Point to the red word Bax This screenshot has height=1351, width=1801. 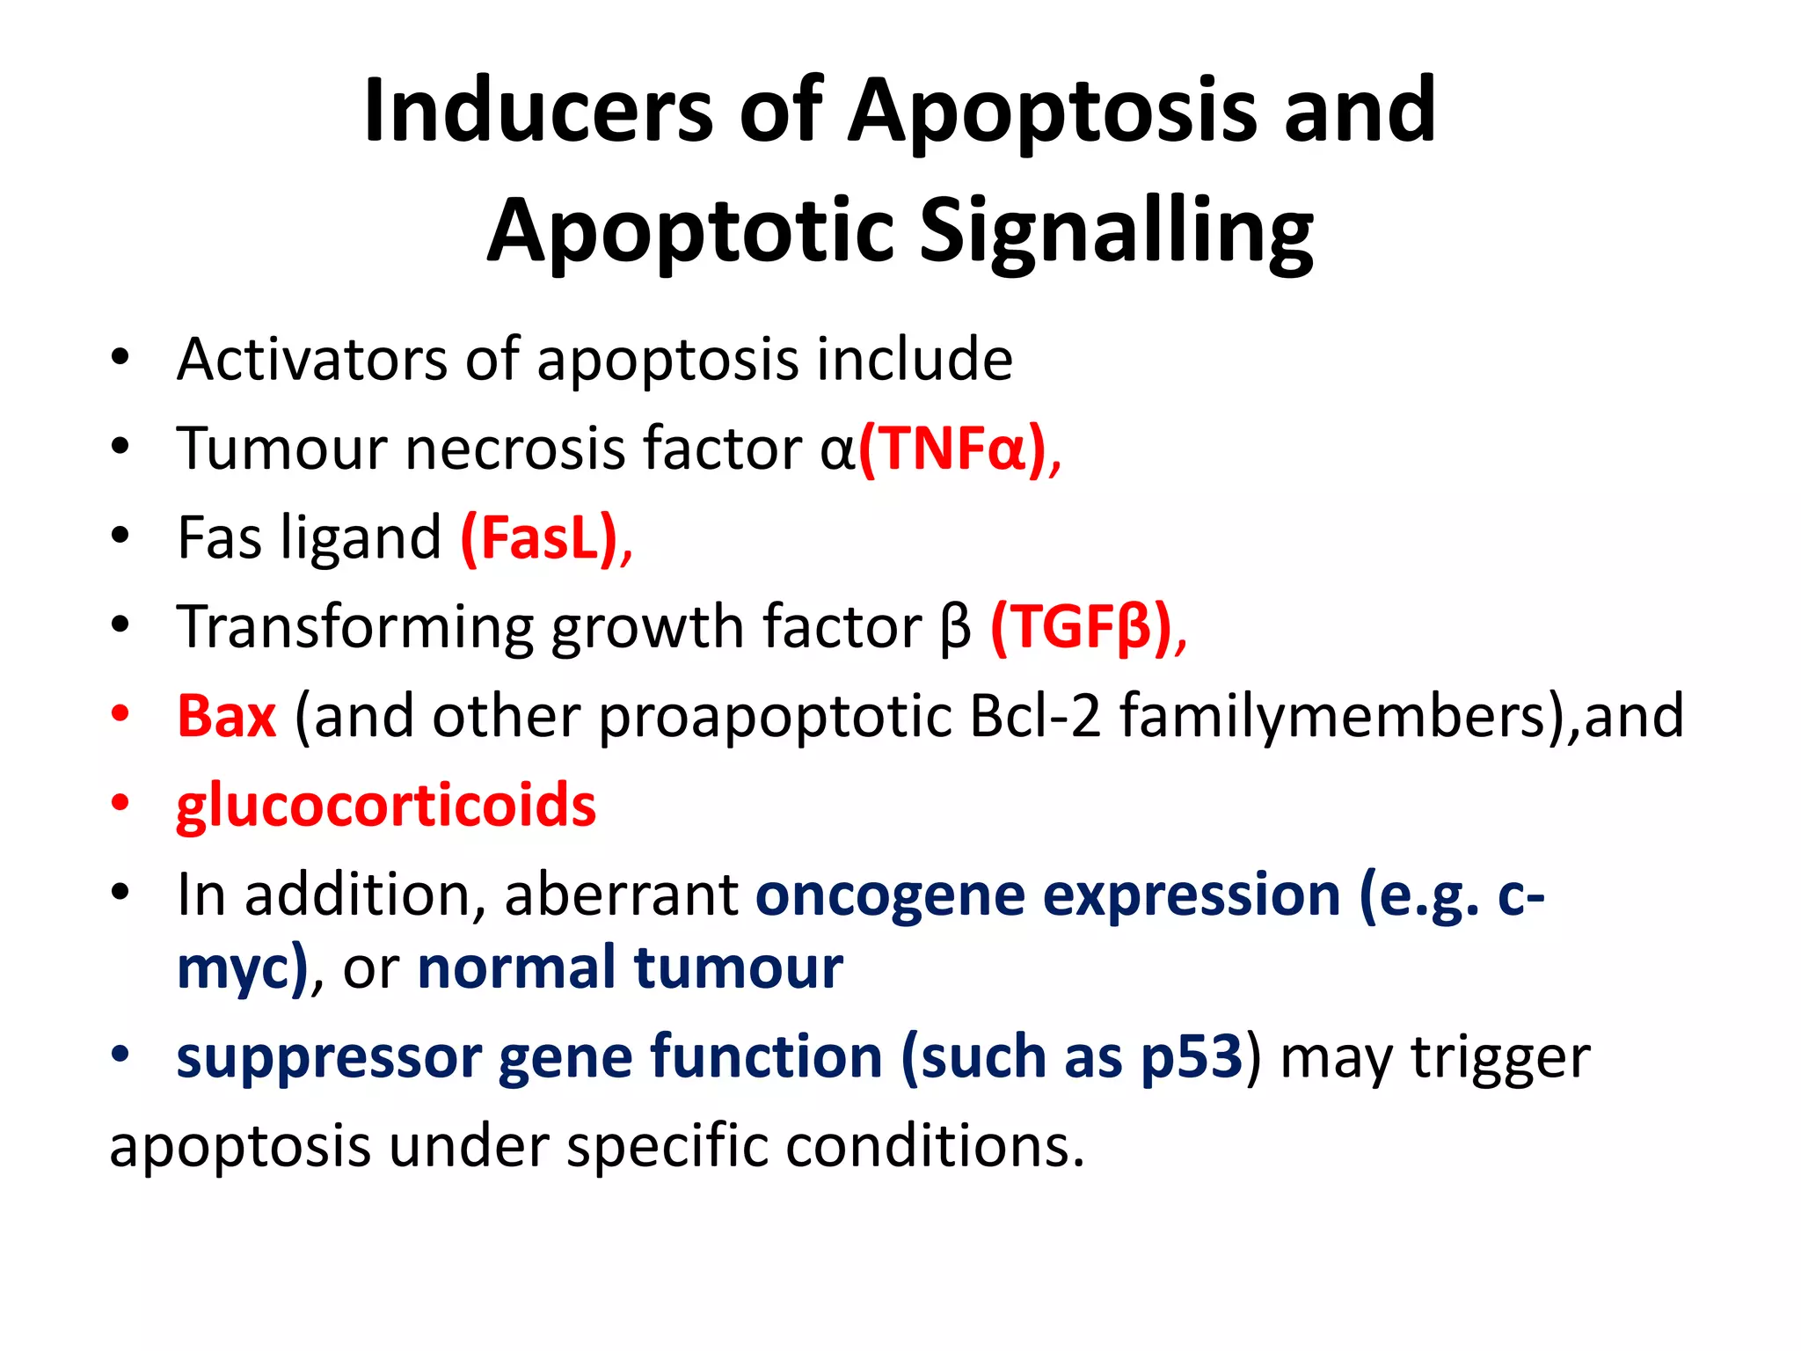point(226,717)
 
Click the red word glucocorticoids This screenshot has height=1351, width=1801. point(386,806)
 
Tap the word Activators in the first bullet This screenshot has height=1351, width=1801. point(312,360)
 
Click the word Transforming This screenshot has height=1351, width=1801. point(354,628)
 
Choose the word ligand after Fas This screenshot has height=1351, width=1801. point(361,538)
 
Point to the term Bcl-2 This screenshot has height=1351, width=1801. point(1035,717)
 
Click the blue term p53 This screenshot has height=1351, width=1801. point(1192,1057)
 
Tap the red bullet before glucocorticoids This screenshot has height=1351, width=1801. point(120,804)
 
